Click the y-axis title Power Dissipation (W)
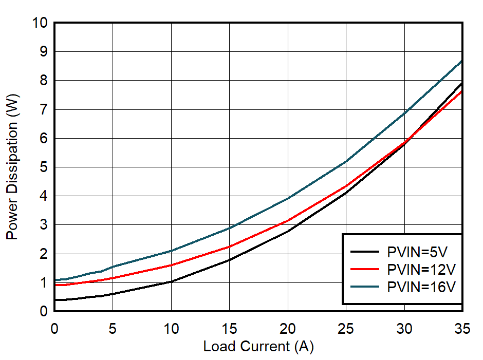coord(12,167)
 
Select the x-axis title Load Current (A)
coord(258,347)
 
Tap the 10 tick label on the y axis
coord(40,23)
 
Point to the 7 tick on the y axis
coord(43,109)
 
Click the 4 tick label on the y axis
coord(43,196)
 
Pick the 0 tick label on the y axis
coord(43,311)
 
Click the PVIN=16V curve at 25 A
coord(346,162)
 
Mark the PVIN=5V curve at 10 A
coord(171,281)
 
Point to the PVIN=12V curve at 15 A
coord(229,247)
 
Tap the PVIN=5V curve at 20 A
coord(288,231)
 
